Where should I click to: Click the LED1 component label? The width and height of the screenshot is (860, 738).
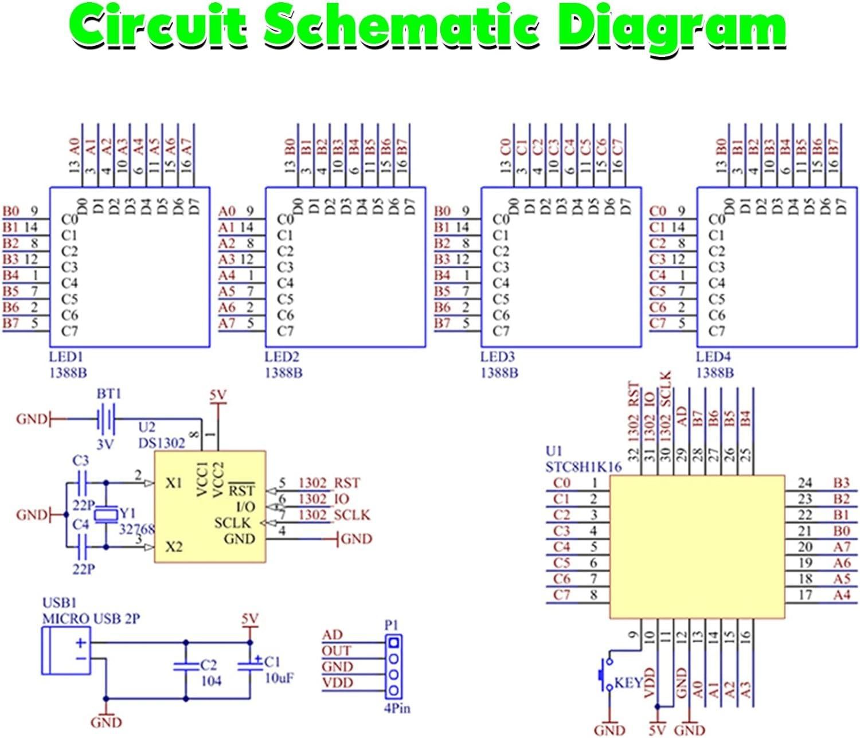pos(62,357)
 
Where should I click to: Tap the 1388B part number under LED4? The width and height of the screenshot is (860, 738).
pos(714,373)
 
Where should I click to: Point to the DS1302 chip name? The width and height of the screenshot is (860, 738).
pos(162,443)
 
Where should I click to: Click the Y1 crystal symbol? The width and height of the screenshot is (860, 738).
pos(106,514)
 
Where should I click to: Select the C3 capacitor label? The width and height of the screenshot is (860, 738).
pos(81,460)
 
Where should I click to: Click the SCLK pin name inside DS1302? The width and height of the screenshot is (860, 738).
pos(232,522)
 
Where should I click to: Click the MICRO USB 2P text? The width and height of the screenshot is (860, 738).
pos(91,619)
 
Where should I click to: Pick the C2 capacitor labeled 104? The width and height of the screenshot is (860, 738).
pos(185,666)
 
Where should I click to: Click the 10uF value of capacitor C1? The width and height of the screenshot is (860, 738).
pos(279,678)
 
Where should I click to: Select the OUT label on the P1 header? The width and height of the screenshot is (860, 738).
pos(336,650)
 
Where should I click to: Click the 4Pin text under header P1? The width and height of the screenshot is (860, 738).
pos(397,708)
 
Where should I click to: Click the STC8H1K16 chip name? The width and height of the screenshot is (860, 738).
pos(583,467)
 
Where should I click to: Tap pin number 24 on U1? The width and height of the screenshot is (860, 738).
pos(806,483)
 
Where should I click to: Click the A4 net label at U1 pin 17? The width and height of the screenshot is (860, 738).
pos(841,595)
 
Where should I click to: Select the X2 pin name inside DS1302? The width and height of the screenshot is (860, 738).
pos(174,546)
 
